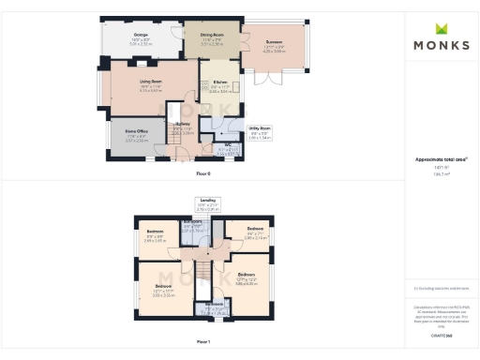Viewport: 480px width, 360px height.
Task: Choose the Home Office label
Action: tap(138, 134)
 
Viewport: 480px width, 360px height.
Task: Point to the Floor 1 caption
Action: tap(202, 343)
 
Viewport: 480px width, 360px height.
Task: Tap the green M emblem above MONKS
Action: tap(440, 28)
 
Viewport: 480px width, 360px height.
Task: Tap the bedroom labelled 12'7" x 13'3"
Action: tap(246, 278)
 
